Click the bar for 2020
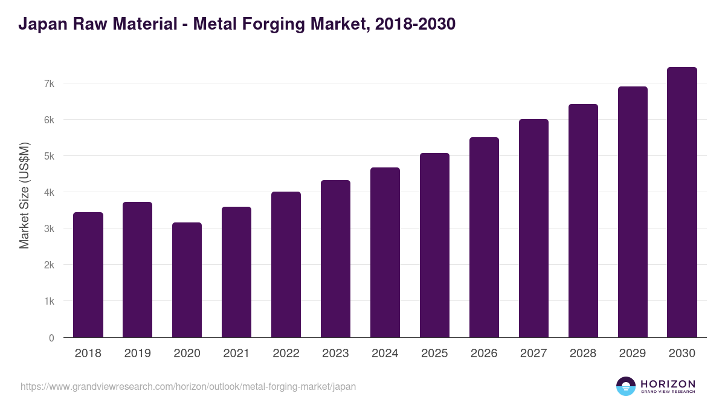(x=187, y=280)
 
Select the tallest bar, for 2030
(x=682, y=202)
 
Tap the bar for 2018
(x=88, y=275)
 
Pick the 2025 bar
(x=434, y=245)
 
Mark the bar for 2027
(x=533, y=228)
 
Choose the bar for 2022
(x=286, y=265)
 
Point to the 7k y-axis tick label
(x=49, y=83)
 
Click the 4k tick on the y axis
(x=49, y=192)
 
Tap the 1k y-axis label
(x=49, y=301)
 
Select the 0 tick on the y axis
(x=52, y=338)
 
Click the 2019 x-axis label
(x=137, y=354)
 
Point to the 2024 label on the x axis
(x=385, y=354)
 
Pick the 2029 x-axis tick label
(x=633, y=354)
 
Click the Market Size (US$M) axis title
(x=24, y=195)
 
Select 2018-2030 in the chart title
(x=415, y=25)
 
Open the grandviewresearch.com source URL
(x=188, y=386)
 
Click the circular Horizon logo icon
(x=626, y=386)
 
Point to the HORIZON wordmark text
(x=668, y=384)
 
